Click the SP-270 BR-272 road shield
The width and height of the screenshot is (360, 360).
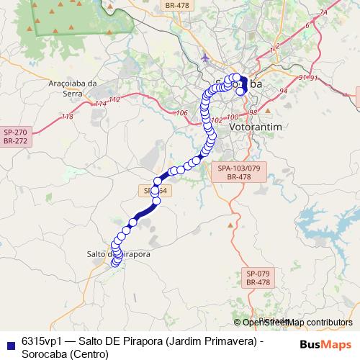click(14, 137)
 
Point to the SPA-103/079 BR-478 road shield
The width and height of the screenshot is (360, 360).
click(238, 171)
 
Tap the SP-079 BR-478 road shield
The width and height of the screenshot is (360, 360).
click(257, 278)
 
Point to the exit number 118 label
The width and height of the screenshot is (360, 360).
click(68, 116)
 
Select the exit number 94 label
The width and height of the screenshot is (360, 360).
click(284, 91)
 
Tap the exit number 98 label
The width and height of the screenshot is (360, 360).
click(253, 112)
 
